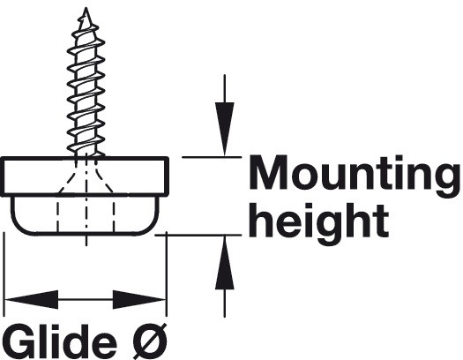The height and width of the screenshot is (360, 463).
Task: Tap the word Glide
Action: pyautogui.click(x=61, y=341)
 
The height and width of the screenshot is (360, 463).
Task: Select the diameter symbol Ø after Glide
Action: pyautogui.click(x=150, y=341)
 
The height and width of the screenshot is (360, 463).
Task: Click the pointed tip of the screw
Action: pyautogui.click(x=86, y=8)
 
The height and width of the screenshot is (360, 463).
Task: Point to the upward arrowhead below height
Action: pyautogui.click(x=224, y=262)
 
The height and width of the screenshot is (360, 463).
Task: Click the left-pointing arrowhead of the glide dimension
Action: pyautogui.click(x=32, y=299)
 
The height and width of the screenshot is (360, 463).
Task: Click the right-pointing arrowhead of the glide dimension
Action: pyautogui.click(x=138, y=299)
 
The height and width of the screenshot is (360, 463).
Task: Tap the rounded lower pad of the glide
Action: pyautogui.click(x=85, y=215)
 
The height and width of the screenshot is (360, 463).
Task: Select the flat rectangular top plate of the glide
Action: pyautogui.click(x=85, y=176)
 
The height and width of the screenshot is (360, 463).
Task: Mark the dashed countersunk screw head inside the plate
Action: pyautogui.click(x=86, y=176)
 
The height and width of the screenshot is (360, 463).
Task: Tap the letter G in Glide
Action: pyautogui.click(x=19, y=341)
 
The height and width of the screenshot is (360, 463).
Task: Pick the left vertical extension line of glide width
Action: pyautogui.click(x=4, y=274)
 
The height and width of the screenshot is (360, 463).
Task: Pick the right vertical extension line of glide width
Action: pyautogui.click(x=167, y=274)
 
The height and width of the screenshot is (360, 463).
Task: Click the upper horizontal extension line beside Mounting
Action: pyautogui.click(x=212, y=157)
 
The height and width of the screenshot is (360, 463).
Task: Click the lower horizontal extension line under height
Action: pyautogui.click(x=198, y=235)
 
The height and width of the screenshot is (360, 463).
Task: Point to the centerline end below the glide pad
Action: pyautogui.click(x=86, y=245)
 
